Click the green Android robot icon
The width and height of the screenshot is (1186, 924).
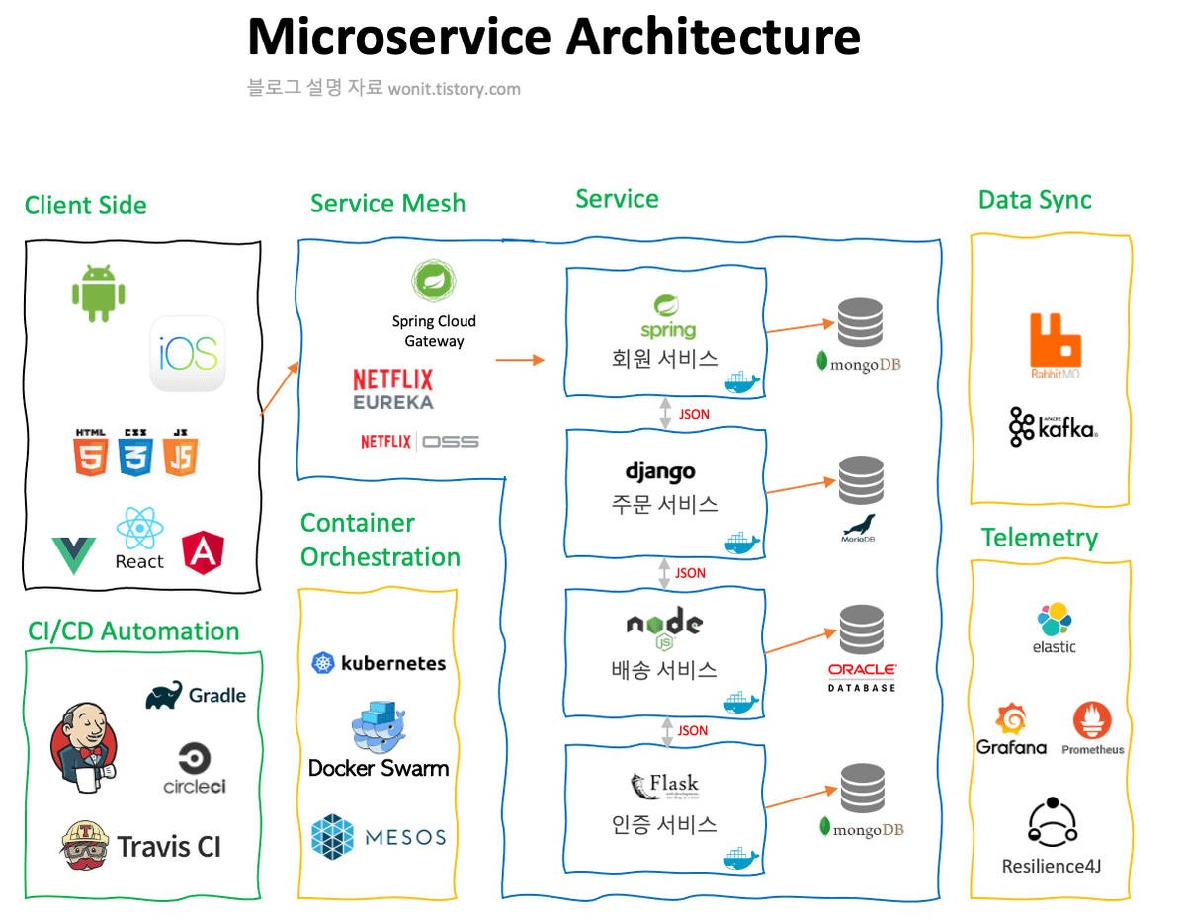pyautogui.click(x=98, y=293)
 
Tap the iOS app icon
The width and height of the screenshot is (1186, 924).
pyautogui.click(x=188, y=354)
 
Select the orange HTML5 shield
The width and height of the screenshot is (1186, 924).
pyautogui.click(x=91, y=454)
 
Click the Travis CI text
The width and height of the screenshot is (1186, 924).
pyautogui.click(x=169, y=847)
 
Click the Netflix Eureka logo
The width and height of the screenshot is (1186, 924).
pyautogui.click(x=392, y=389)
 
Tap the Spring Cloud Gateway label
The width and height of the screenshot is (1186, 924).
pyautogui.click(x=434, y=331)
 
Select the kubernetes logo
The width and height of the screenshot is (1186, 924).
pyautogui.click(x=379, y=663)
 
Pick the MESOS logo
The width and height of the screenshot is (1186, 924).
pyautogui.click(x=379, y=837)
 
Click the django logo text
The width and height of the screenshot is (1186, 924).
pyautogui.click(x=660, y=471)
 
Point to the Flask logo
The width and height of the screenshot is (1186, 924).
pyautogui.click(x=664, y=787)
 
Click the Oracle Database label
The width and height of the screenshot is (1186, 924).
pyautogui.click(x=862, y=677)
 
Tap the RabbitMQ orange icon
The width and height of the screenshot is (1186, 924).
pyautogui.click(x=1055, y=340)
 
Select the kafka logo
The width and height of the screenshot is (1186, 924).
pyautogui.click(x=1054, y=427)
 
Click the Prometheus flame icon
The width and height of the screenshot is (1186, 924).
pyautogui.click(x=1092, y=722)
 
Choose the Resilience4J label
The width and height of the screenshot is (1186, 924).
pyautogui.click(x=1052, y=867)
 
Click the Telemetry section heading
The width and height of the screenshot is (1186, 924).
pyautogui.click(x=1039, y=538)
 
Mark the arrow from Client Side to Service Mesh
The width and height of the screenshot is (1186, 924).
pyautogui.click(x=280, y=388)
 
